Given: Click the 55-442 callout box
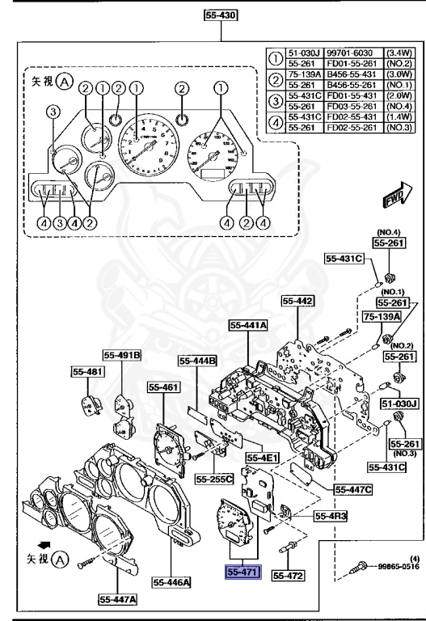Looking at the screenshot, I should tap(297, 301).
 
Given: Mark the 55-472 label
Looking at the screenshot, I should tap(287, 576).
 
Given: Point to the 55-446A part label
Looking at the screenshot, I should tap(170, 581).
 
